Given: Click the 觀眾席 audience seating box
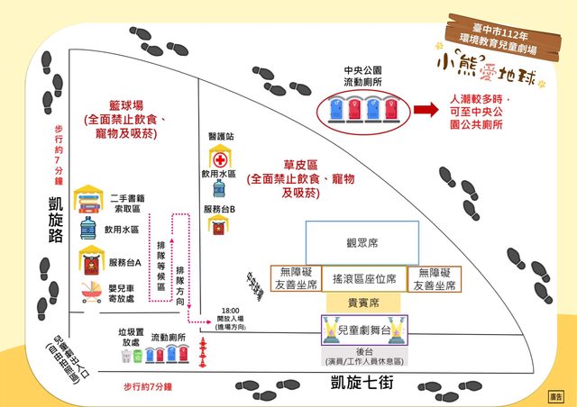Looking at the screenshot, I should click(x=362, y=242).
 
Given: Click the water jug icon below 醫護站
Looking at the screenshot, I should click(x=218, y=188).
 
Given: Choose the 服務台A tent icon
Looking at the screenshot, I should click(x=88, y=261).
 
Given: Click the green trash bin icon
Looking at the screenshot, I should click(x=138, y=357).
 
